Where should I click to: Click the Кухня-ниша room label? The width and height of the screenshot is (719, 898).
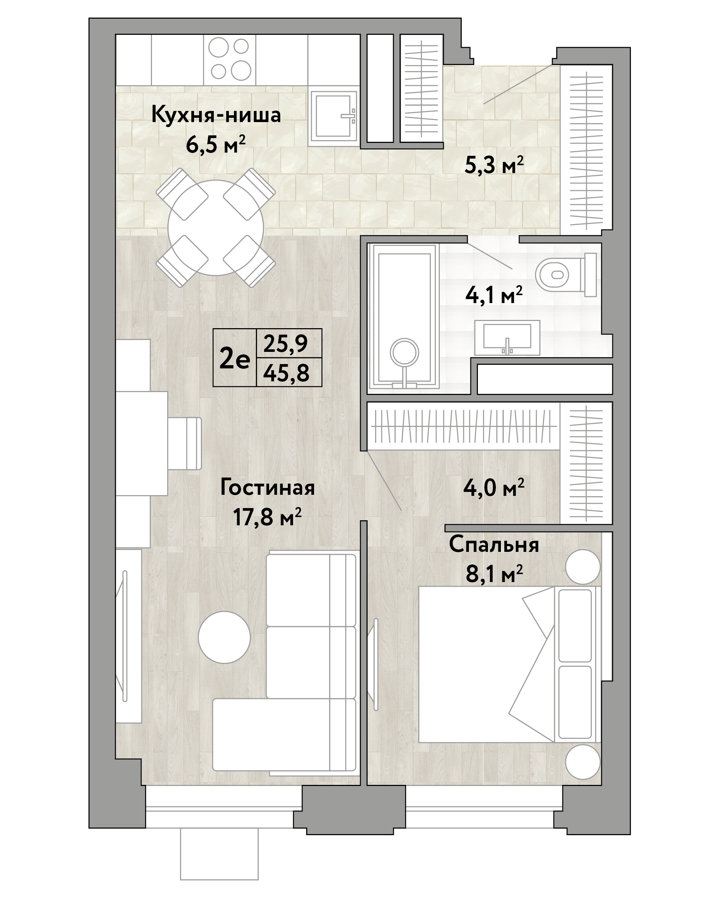[216, 115]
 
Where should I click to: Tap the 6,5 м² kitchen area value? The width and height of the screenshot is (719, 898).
[216, 145]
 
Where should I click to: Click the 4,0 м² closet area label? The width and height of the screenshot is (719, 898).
[494, 487]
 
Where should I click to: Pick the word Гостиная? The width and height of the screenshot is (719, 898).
[267, 487]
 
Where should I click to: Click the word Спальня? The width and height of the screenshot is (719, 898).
[494, 544]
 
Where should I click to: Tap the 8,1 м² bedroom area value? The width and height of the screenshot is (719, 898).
[494, 574]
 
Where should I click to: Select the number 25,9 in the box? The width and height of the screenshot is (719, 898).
[286, 344]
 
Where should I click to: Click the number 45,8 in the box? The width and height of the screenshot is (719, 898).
[286, 372]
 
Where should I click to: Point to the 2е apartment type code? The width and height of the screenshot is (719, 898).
[235, 359]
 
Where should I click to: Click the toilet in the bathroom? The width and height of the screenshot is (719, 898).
[566, 275]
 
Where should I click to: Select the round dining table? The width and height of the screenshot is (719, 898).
[216, 228]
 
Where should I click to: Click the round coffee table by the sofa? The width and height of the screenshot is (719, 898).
[224, 638]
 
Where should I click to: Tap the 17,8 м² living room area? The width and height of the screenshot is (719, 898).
[267, 518]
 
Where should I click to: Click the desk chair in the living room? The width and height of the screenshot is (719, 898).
[185, 443]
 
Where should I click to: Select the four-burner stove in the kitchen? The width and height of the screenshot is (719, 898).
[229, 60]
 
